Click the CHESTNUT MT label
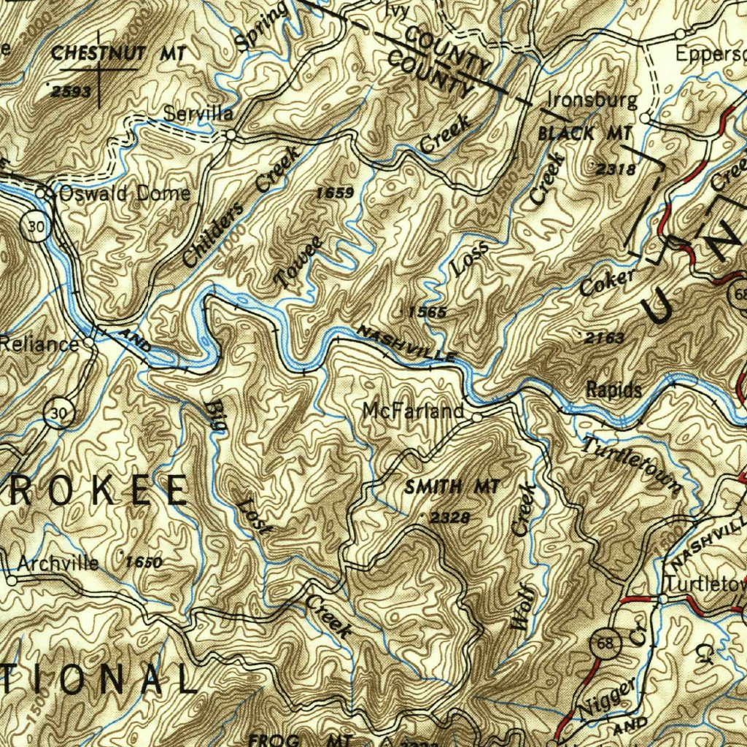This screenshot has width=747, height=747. coord(119,53)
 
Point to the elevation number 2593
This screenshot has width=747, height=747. coord(71,91)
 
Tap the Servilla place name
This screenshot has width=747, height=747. coord(198,114)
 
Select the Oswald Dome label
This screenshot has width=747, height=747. coord(124,193)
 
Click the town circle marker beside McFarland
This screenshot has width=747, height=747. coord(475,418)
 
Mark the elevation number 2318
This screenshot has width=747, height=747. coord(616,169)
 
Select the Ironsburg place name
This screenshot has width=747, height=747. coord(592,101)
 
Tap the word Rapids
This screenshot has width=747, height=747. coord(614,390)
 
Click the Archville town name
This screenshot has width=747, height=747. coord(58,564)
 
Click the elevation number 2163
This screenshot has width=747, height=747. coord(605,338)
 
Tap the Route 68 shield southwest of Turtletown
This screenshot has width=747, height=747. coord(607,641)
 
